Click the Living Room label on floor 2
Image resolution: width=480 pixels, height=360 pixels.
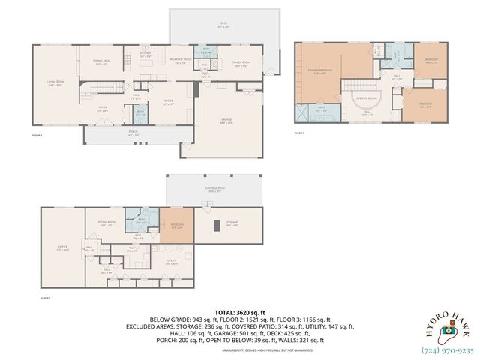[x=56, y=84]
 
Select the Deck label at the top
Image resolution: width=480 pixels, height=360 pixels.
[x=223, y=24]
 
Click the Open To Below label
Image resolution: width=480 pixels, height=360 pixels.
[x=366, y=98]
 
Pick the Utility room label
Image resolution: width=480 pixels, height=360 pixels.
[x=172, y=262]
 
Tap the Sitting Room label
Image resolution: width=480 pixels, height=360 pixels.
[x=106, y=223]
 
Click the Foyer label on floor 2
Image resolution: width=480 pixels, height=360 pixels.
[x=101, y=109]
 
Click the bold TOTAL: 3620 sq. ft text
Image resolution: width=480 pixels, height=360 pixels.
[x=239, y=310]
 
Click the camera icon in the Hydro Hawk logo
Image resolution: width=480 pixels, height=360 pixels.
[x=447, y=328]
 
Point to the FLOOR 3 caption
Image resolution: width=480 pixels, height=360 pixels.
[x=300, y=133]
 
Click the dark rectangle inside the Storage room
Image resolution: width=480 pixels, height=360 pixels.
[x=217, y=225]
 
